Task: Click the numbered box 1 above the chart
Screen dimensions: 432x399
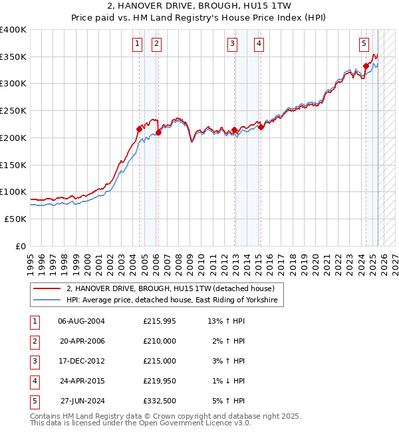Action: tap(136, 45)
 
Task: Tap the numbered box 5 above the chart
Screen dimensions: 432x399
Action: tap(364, 45)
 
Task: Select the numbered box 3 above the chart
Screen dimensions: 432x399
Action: tap(232, 45)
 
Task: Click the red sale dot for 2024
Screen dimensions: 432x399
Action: tap(366, 66)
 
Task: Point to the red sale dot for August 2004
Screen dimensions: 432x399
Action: tap(139, 129)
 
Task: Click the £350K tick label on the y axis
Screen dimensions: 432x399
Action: tap(13, 56)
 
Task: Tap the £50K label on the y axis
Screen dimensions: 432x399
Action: tap(16, 219)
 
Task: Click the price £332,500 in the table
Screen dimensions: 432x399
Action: tap(160, 401)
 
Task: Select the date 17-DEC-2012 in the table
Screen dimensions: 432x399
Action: tap(82, 361)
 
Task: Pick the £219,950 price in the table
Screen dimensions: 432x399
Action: tap(160, 381)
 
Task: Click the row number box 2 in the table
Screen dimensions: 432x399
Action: tap(33, 341)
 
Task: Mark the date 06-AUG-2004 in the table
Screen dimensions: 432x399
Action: tap(82, 321)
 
